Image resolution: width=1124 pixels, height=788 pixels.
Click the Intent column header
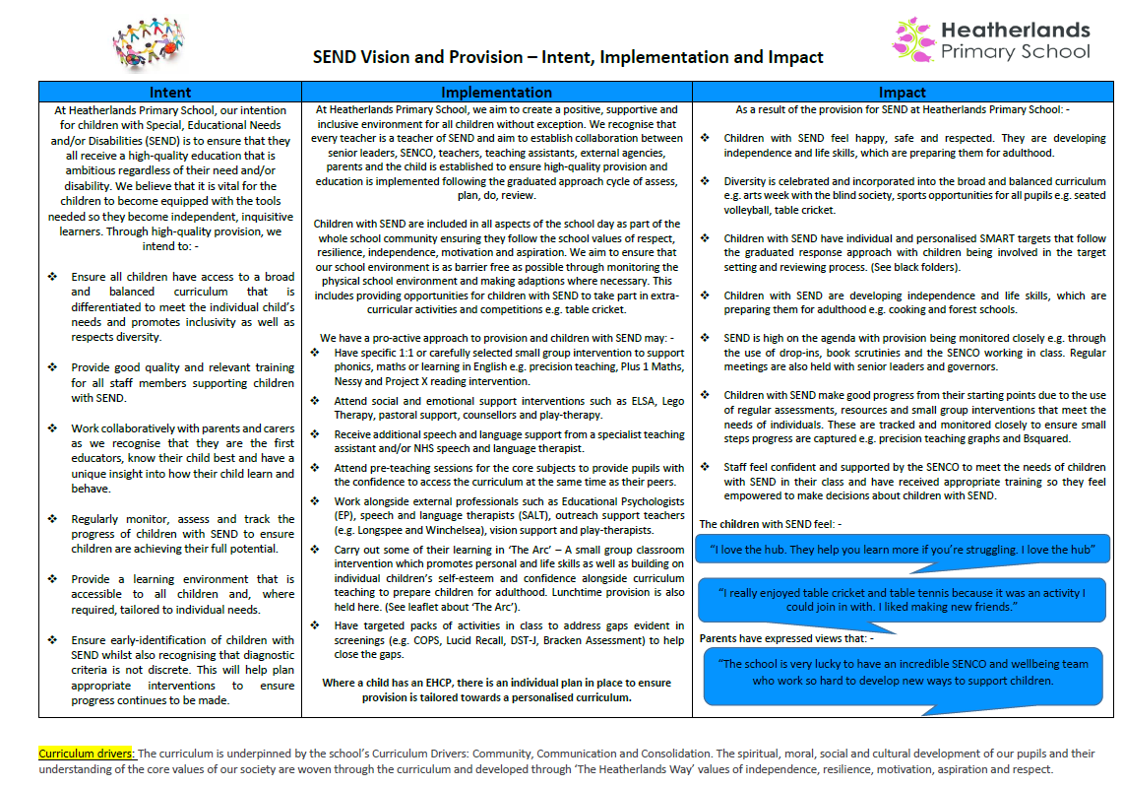[170, 93]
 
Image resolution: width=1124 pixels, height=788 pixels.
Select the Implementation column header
[496, 93]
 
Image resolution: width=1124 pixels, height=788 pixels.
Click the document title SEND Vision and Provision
[568, 57]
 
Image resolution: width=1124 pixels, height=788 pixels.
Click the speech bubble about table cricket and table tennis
[902, 600]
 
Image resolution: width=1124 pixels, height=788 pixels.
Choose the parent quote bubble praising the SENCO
[903, 673]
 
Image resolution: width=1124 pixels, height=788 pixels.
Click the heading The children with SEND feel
[770, 524]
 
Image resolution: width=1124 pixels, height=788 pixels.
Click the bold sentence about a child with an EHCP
[496, 689]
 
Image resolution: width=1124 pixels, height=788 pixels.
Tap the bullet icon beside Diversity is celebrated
[704, 181]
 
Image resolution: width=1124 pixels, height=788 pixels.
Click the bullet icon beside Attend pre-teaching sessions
[314, 469]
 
